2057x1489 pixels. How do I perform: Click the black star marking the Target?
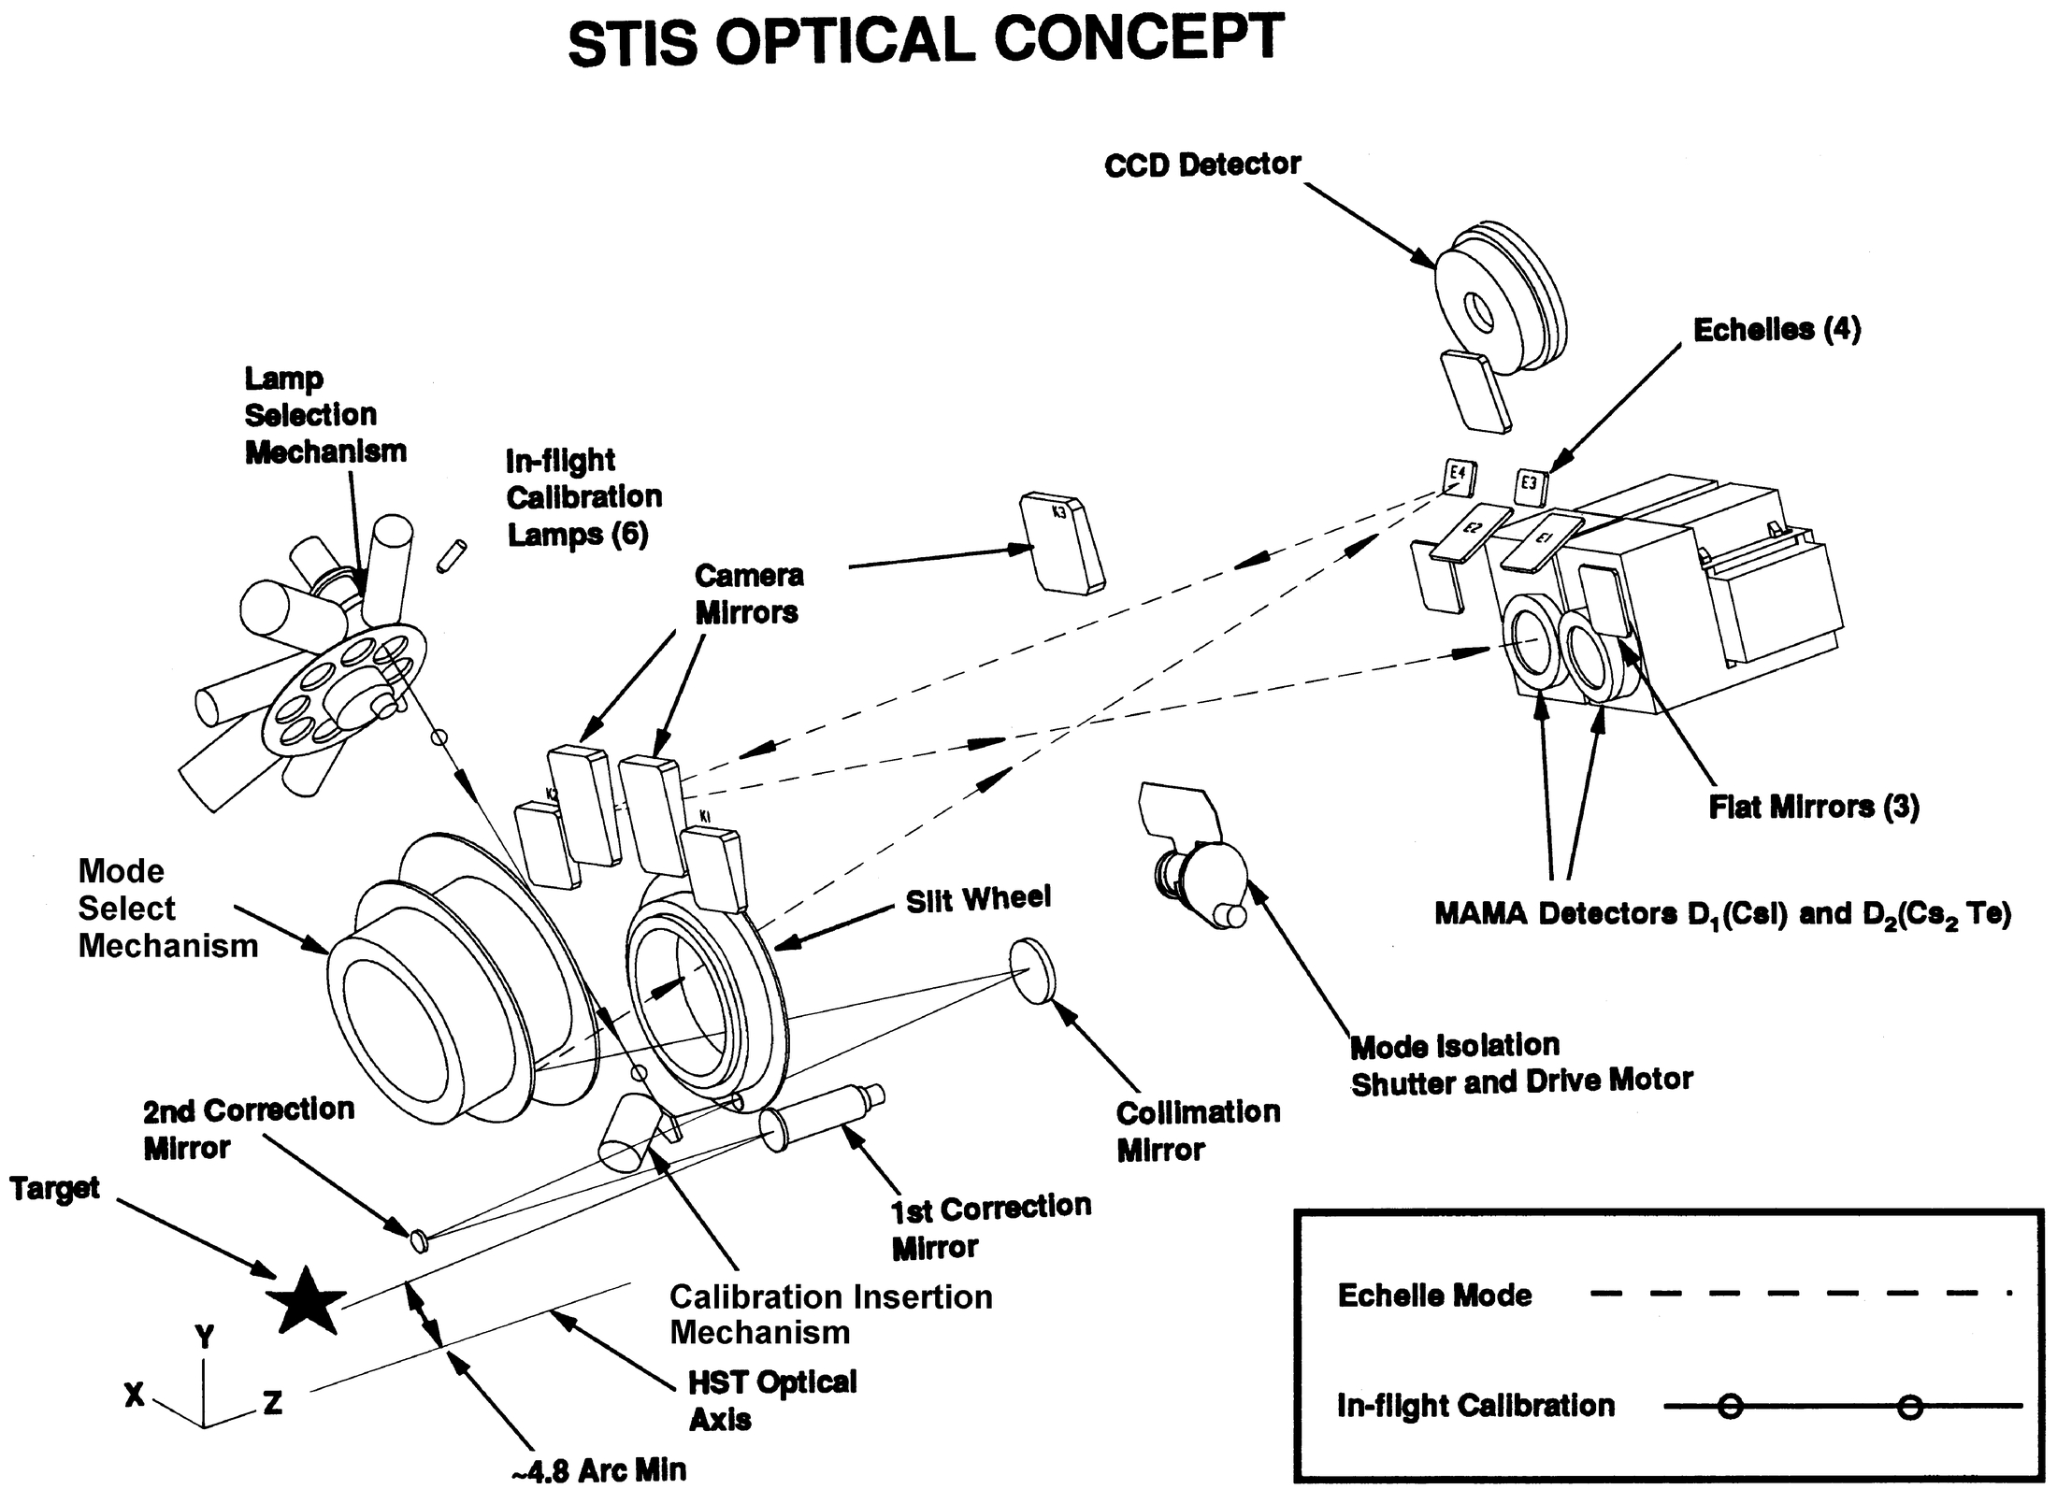(304, 1301)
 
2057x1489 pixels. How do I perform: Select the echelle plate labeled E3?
(1531, 484)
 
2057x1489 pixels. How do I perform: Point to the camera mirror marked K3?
(1060, 544)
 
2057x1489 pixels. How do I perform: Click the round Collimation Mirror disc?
(1032, 972)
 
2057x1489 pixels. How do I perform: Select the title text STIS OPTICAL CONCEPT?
(925, 42)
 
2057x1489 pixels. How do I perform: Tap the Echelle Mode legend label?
(1434, 1296)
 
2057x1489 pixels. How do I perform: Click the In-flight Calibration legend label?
(1474, 1406)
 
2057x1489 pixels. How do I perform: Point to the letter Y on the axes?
(205, 1338)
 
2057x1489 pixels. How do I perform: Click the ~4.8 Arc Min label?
(598, 1470)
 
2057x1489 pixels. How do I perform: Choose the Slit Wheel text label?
(978, 899)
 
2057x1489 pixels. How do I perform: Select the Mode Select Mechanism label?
(166, 909)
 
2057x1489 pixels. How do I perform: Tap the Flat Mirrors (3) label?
(1813, 807)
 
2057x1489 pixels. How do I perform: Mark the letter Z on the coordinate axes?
(272, 1402)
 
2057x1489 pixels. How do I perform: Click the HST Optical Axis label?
(771, 1400)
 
